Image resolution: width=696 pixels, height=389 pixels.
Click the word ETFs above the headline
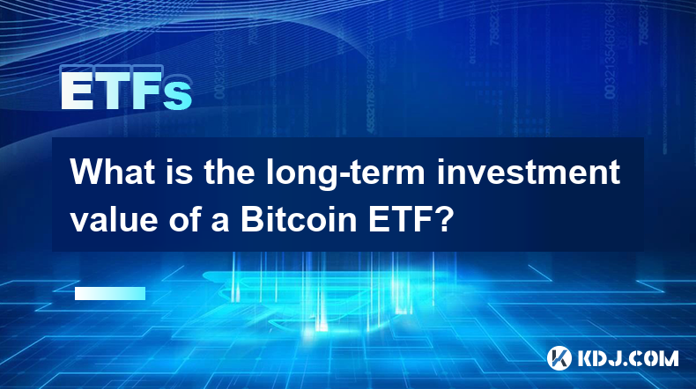(x=126, y=90)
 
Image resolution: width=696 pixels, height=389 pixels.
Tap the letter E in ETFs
(x=77, y=90)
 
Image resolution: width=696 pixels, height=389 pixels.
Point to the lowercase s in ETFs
(x=178, y=95)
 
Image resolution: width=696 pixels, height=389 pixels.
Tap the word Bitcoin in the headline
(x=299, y=220)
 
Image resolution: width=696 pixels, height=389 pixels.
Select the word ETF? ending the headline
(x=409, y=220)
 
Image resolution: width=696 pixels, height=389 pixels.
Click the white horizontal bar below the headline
(x=110, y=293)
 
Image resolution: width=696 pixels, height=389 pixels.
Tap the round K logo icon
(x=559, y=358)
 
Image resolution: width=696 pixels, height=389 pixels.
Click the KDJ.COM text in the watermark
(x=627, y=358)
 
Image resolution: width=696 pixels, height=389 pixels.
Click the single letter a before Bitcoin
(x=220, y=224)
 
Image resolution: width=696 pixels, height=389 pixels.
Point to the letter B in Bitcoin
(x=252, y=220)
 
